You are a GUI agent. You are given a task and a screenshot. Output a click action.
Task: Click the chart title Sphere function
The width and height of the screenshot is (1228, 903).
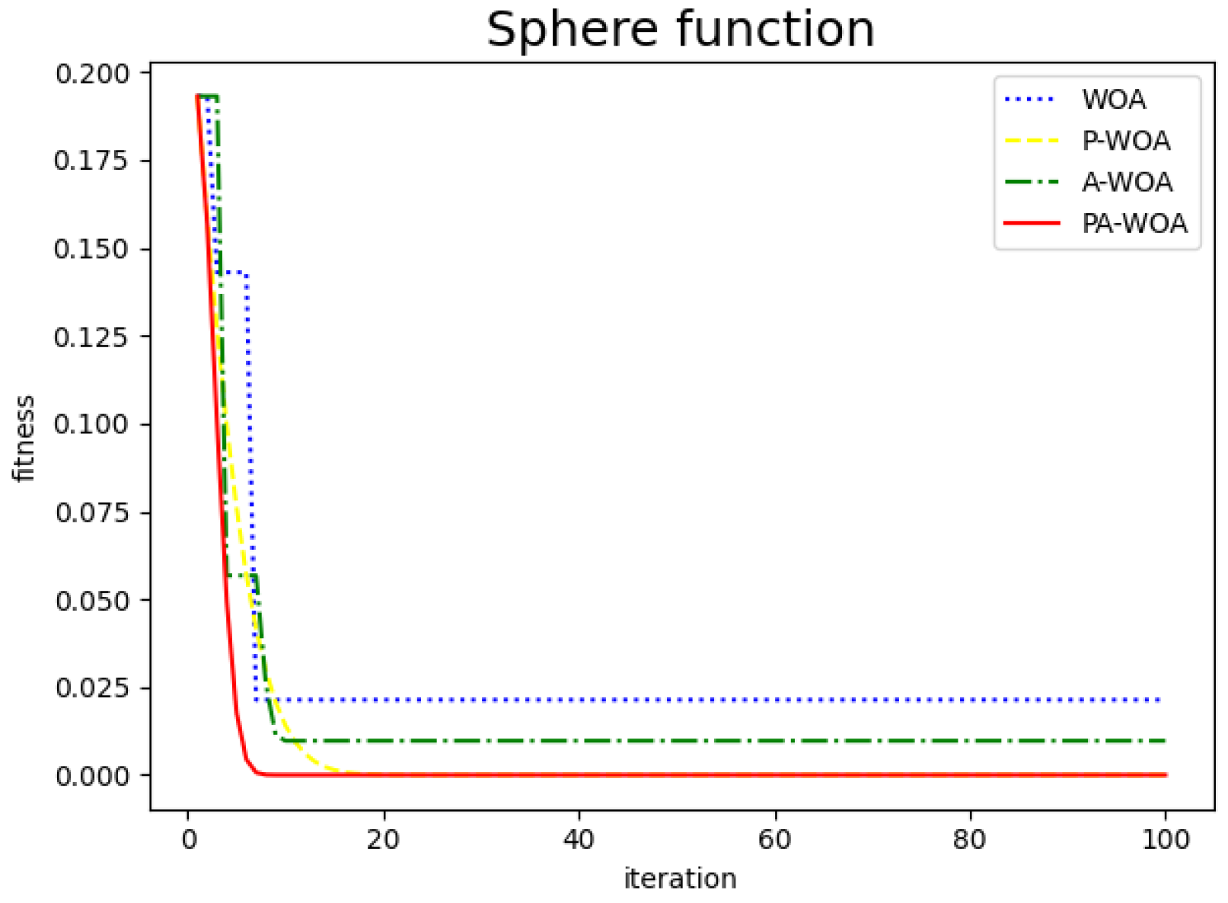[680, 30]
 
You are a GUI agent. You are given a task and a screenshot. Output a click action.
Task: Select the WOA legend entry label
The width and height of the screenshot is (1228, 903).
[1114, 100]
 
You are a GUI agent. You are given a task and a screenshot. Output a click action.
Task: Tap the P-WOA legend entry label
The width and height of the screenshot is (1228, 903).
[1126, 141]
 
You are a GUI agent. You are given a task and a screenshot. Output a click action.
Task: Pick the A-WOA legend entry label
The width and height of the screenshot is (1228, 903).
[1127, 182]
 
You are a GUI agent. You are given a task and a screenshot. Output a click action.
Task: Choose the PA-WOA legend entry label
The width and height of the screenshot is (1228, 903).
[1134, 223]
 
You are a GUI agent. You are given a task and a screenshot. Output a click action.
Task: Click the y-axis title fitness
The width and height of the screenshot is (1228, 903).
[24, 438]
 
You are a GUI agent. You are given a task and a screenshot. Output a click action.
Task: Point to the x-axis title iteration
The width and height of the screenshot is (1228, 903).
[680, 879]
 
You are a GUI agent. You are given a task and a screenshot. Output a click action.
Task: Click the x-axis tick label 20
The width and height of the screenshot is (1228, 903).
[384, 840]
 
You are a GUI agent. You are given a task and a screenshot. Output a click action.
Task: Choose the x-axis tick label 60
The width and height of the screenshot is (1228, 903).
[774, 840]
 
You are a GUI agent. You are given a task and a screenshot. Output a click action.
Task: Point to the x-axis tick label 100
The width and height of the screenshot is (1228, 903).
[1166, 840]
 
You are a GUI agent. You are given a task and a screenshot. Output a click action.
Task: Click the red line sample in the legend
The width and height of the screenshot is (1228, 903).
[1032, 223]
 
